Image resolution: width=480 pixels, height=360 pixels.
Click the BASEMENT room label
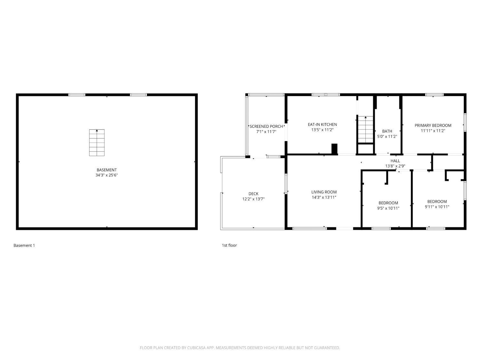[x=107, y=170]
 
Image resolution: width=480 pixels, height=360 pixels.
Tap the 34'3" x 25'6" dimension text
[x=107, y=175]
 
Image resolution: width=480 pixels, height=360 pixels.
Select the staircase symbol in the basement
[x=97, y=143]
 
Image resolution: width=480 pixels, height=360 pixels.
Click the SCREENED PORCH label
[x=266, y=126]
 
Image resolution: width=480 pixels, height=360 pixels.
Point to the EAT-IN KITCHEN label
[x=322, y=124]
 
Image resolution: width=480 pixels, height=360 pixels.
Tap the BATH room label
[x=387, y=131]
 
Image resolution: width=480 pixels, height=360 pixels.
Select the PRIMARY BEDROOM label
[x=433, y=125]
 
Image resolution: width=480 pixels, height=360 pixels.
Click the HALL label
[x=395, y=161]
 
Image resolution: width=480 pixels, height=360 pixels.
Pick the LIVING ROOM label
[x=324, y=192]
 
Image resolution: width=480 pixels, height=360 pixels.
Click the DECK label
[x=253, y=194]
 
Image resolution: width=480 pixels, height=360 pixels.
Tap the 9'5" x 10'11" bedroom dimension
[x=388, y=208]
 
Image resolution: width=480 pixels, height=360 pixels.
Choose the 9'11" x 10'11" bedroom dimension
[x=437, y=207]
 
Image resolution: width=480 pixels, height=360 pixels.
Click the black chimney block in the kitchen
[x=334, y=149]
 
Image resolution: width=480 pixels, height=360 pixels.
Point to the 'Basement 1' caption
[x=24, y=245]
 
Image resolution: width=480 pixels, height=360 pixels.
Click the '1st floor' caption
[x=229, y=245]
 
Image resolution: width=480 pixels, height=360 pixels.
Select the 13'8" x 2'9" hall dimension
[x=395, y=166]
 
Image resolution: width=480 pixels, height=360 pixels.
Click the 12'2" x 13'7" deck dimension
[x=253, y=199]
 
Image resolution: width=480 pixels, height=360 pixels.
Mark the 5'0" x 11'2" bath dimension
[x=387, y=136]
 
